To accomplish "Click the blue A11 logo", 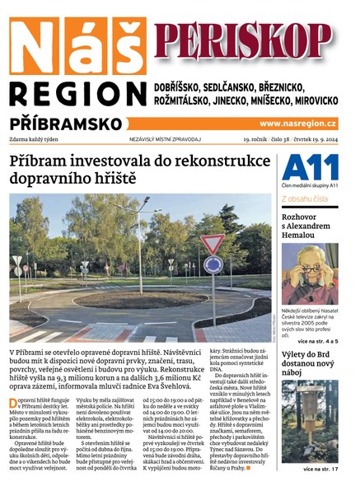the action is [309, 167].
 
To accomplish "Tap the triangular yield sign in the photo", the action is [213, 244].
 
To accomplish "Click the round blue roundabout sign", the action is [213, 265].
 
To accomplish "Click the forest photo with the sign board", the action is [309, 421].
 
